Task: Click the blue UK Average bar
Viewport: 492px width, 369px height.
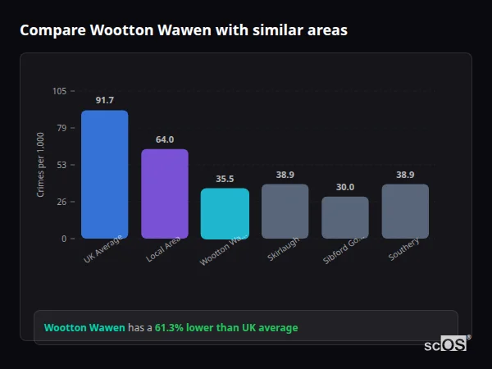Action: (104, 174)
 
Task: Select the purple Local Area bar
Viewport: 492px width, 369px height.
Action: (165, 194)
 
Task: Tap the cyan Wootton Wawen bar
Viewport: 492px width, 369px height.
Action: (225, 213)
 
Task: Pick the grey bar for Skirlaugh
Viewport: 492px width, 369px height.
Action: (285, 211)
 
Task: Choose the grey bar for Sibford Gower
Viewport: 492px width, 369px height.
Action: (345, 217)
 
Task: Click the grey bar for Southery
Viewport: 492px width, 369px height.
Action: (405, 211)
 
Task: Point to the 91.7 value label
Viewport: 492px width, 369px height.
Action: (104, 100)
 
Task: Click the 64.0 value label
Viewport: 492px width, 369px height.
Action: (165, 139)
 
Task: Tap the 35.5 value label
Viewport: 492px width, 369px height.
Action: (225, 179)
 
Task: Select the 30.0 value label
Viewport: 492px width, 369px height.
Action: (345, 187)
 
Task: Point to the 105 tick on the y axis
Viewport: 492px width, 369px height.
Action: (59, 91)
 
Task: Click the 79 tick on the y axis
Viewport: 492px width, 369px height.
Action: (61, 128)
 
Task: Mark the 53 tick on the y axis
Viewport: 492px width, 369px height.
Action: (61, 165)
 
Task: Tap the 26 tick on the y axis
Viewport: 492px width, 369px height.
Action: (61, 202)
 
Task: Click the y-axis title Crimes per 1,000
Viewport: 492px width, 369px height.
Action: (41, 165)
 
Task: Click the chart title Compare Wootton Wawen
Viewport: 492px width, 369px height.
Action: (184, 30)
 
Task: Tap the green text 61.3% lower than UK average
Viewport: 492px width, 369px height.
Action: (226, 328)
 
